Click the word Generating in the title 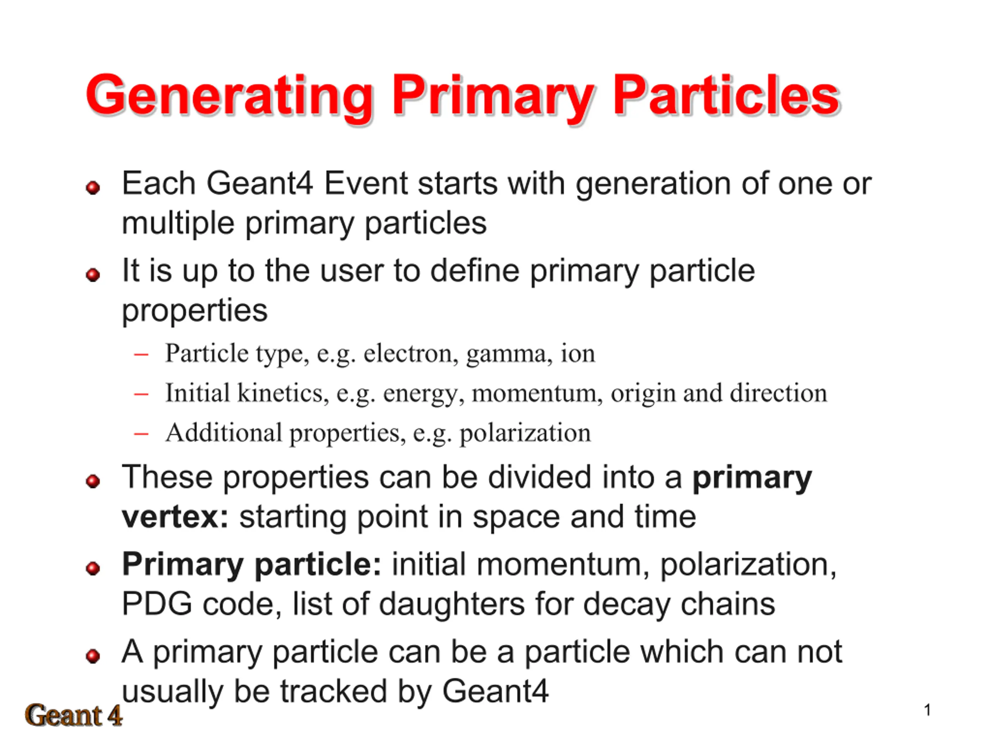click(230, 97)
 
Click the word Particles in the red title click(726, 95)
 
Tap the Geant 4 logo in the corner click(74, 715)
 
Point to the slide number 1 click(927, 710)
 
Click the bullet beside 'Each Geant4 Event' click(93, 188)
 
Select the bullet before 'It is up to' click(93, 274)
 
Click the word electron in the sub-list click(411, 354)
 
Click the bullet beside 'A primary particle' click(93, 656)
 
